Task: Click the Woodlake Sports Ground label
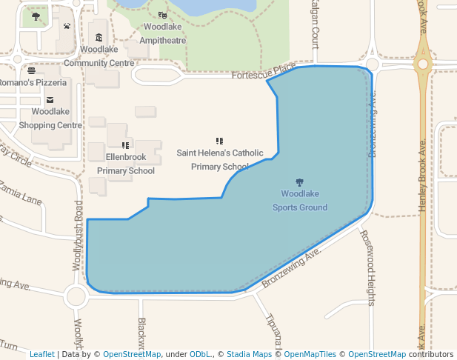click(299, 201)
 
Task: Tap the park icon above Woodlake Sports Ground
click(299, 182)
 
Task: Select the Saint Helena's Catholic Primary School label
click(220, 159)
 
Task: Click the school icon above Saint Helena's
click(219, 141)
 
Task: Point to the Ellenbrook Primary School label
click(126, 164)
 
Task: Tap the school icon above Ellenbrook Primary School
click(125, 146)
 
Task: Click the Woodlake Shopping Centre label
click(50, 119)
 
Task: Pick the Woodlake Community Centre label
click(99, 56)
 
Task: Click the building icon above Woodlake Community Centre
click(99, 38)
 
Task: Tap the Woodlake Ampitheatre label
click(163, 33)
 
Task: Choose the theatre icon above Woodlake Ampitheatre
click(163, 15)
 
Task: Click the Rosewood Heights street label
click(367, 267)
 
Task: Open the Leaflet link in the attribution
click(41, 354)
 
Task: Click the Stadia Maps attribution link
click(248, 354)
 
